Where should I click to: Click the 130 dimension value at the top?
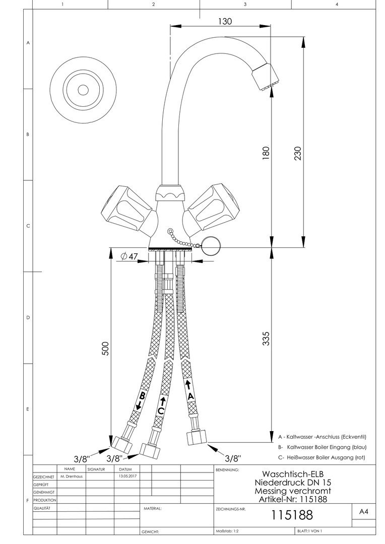[225, 21]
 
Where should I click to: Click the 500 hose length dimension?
[106, 348]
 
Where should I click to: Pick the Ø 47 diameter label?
[130, 256]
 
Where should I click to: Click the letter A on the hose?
[190, 396]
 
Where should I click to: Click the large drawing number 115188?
[292, 515]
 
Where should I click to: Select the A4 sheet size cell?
[363, 512]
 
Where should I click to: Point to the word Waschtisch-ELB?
[292, 474]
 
